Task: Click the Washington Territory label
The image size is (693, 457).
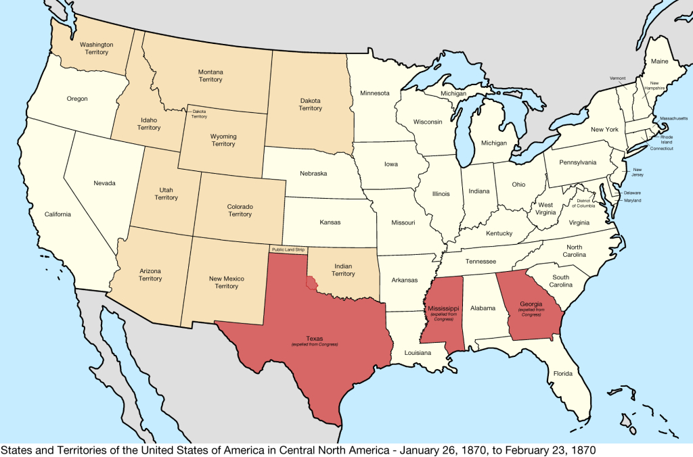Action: [x=96, y=48]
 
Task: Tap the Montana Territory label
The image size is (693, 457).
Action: [x=210, y=75]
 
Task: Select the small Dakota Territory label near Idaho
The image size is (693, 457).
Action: [x=199, y=114]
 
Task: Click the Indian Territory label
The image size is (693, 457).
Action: [x=343, y=270]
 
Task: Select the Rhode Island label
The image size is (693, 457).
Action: [x=667, y=139]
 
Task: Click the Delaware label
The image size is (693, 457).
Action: [x=632, y=193]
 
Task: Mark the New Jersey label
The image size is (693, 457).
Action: [x=638, y=172]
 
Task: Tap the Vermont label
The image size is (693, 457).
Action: [x=617, y=78]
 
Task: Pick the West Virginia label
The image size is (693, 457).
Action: [x=545, y=209]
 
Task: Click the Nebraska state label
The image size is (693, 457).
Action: [x=313, y=174]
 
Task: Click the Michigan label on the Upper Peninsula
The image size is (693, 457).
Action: [x=453, y=93]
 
